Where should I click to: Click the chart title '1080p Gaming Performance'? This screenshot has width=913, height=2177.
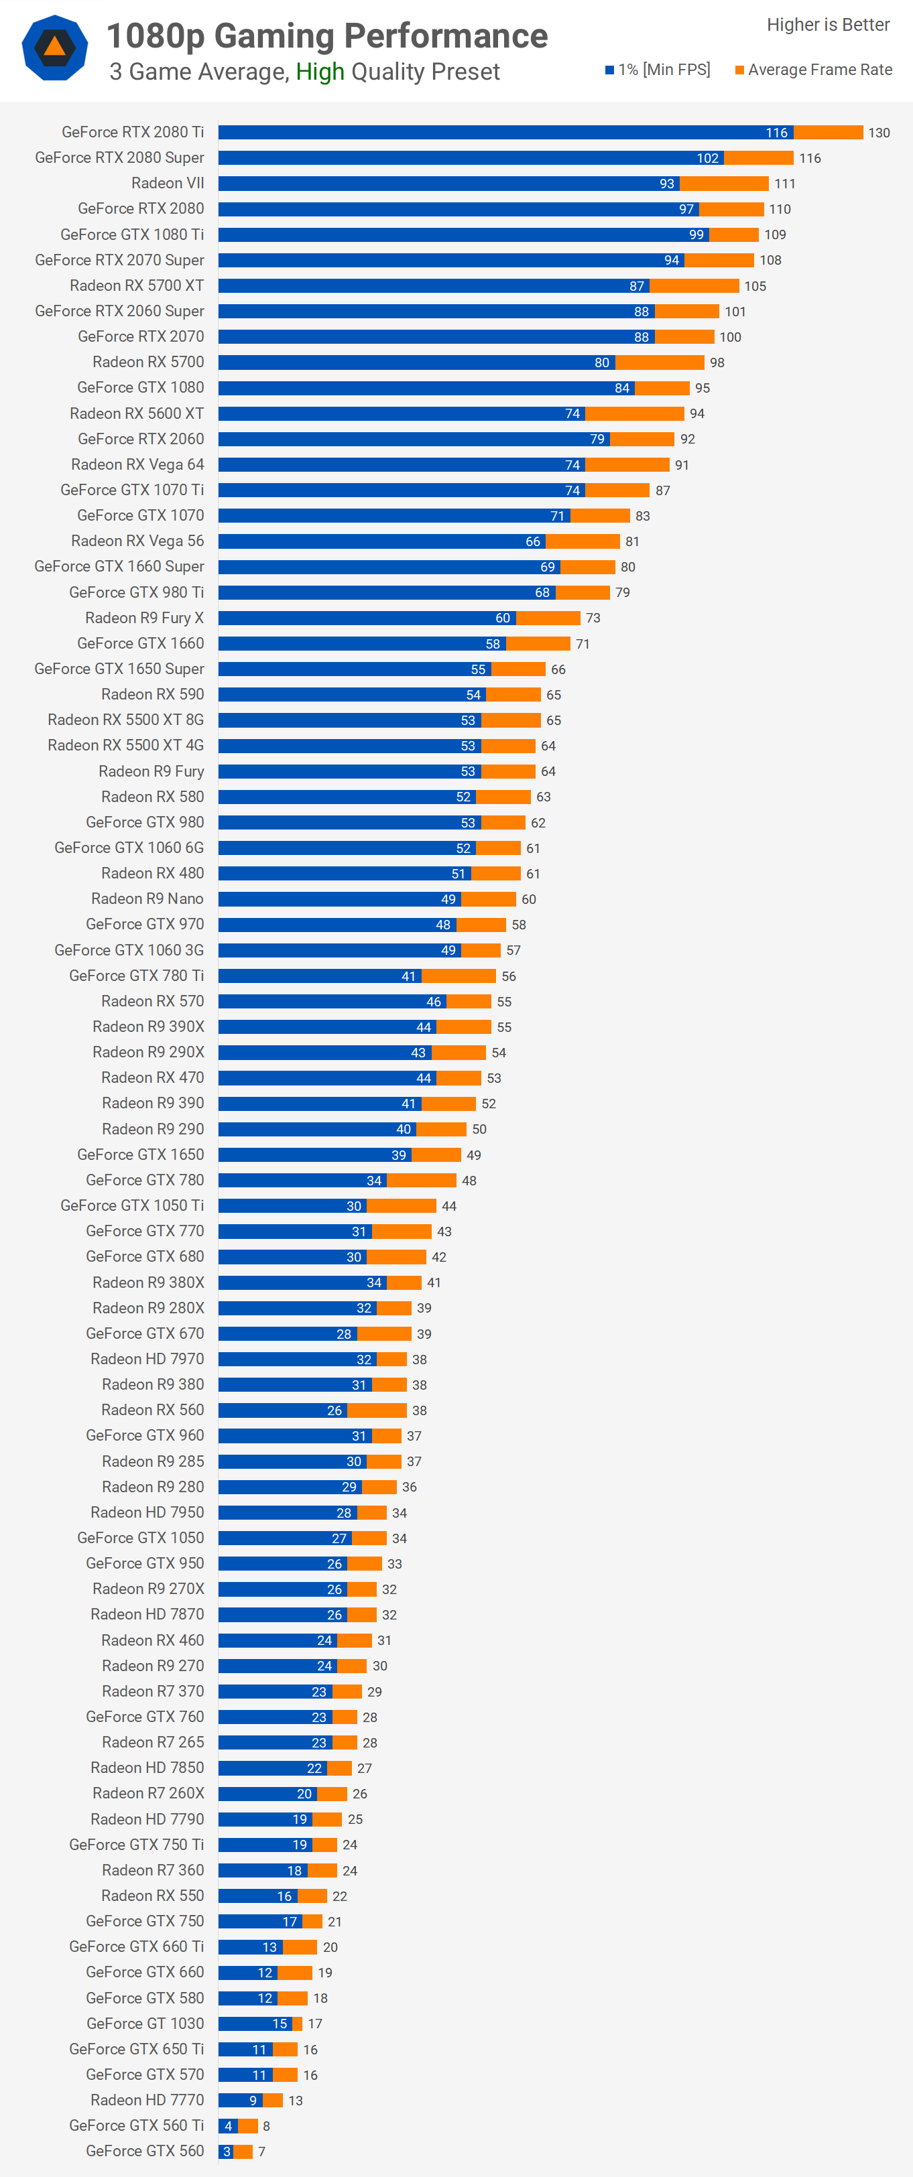(x=326, y=36)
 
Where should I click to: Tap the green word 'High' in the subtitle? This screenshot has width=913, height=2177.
(x=320, y=72)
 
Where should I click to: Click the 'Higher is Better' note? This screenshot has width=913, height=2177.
(x=828, y=25)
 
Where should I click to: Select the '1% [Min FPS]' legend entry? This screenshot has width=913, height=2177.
(x=658, y=69)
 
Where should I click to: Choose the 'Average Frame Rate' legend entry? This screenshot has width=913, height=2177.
(x=813, y=69)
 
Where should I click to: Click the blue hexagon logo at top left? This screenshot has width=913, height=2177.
(x=55, y=48)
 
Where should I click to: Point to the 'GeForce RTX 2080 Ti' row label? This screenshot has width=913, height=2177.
(x=133, y=132)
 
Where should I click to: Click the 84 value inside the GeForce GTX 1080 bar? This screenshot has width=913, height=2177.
(x=622, y=388)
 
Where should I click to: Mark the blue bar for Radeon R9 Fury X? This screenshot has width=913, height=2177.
(x=367, y=618)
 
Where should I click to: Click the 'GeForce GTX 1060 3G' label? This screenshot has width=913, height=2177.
(x=129, y=950)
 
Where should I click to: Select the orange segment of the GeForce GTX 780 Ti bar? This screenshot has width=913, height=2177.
(x=459, y=976)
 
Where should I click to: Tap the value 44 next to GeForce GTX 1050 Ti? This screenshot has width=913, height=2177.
(x=449, y=1206)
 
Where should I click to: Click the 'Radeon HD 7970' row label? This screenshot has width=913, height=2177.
(x=147, y=1359)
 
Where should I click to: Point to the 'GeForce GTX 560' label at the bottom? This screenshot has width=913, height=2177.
(x=145, y=2151)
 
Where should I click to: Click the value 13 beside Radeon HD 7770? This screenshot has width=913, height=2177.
(x=295, y=2100)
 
